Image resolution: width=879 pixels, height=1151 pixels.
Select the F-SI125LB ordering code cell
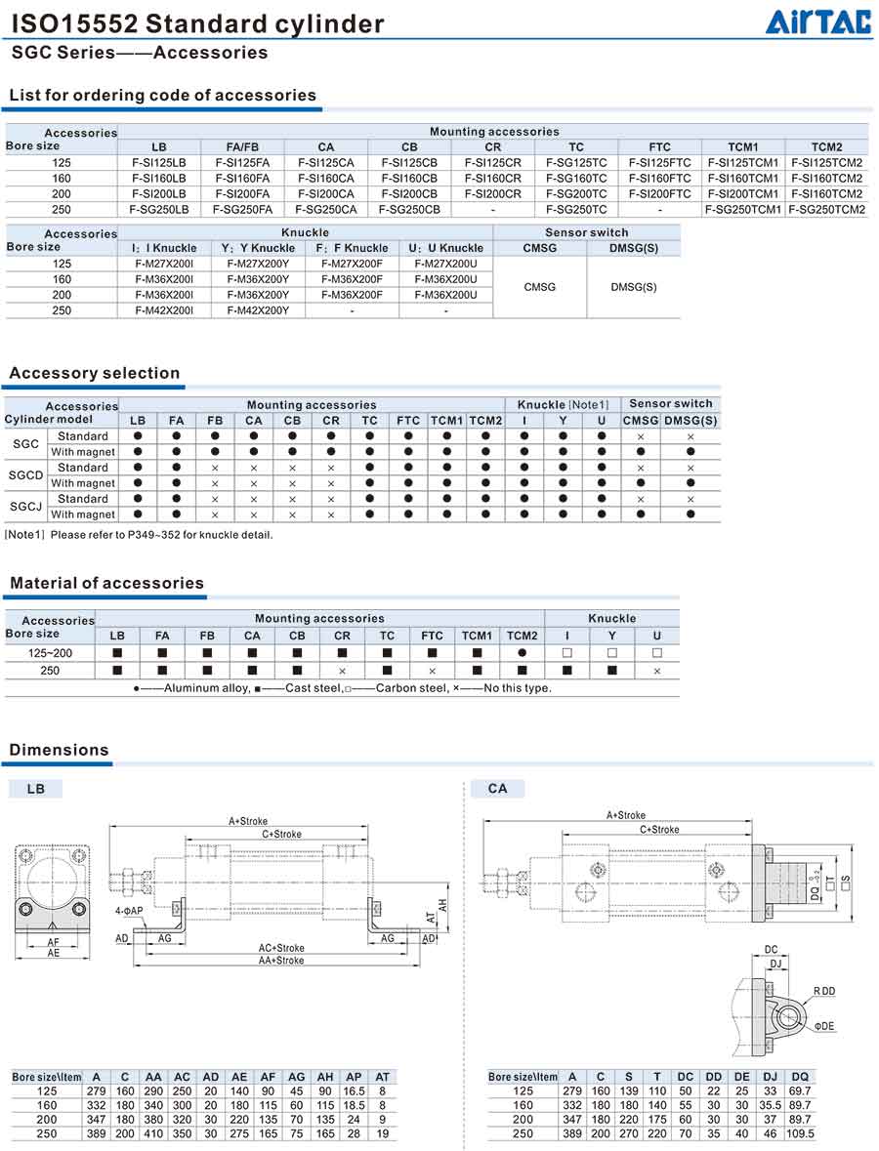point(159,163)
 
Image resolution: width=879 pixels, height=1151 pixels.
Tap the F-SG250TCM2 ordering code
point(826,210)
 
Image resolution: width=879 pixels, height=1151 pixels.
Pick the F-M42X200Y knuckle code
point(258,310)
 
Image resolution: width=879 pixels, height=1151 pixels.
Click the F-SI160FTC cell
point(659,179)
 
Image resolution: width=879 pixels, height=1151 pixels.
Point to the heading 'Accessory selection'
point(95,373)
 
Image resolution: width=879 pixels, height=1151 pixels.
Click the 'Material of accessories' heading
point(107,583)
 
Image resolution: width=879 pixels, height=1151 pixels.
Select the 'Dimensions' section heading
point(60,750)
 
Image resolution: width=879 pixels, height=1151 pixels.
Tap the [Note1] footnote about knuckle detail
point(139,535)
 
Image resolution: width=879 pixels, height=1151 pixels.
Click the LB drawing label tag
point(36,789)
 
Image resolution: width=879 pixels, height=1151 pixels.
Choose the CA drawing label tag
point(497,789)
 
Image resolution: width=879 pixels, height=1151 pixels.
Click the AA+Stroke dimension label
point(280,961)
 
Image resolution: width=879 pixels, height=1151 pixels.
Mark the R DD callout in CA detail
point(824,991)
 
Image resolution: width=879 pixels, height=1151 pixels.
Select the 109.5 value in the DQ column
point(800,1134)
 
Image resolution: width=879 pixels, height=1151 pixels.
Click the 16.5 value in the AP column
point(354,1091)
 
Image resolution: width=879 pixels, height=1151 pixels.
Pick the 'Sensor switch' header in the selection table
point(671,404)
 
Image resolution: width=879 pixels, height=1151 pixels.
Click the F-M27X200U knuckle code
point(446,264)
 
